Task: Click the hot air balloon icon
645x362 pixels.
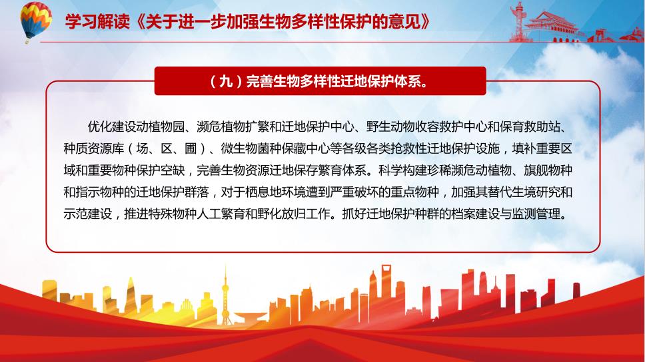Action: coord(36,21)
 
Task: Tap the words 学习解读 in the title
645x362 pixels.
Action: coord(97,21)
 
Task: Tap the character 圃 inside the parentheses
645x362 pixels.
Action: coord(191,148)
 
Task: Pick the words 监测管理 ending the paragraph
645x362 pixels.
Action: coord(536,214)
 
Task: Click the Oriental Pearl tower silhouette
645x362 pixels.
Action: coord(225,297)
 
